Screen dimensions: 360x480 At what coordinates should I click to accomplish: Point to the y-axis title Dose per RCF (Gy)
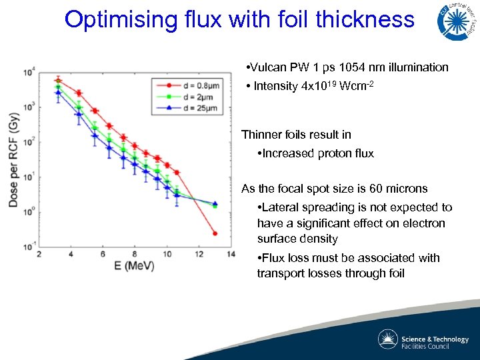tap(13, 159)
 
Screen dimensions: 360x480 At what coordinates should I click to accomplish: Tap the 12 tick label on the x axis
tap(199, 254)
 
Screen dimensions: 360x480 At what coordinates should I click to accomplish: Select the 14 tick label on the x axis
tap(231, 254)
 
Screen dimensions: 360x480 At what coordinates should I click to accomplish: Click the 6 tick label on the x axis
tap(103, 254)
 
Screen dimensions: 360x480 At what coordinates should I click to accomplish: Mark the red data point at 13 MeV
tap(215, 233)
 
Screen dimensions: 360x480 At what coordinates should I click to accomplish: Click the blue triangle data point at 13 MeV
tap(215, 203)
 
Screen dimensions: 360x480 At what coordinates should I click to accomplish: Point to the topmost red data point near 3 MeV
tap(58, 81)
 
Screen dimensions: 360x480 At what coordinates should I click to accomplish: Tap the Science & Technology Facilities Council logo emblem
tap(388, 339)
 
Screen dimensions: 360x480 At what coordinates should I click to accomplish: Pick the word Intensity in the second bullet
tap(275, 87)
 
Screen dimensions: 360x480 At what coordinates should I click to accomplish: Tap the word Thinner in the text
tap(262, 135)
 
